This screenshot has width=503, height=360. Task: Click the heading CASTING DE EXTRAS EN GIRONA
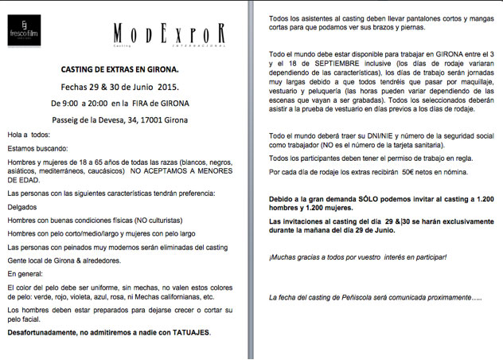pyautogui.click(x=120, y=70)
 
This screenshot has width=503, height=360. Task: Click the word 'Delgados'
pyautogui.click(x=21, y=205)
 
